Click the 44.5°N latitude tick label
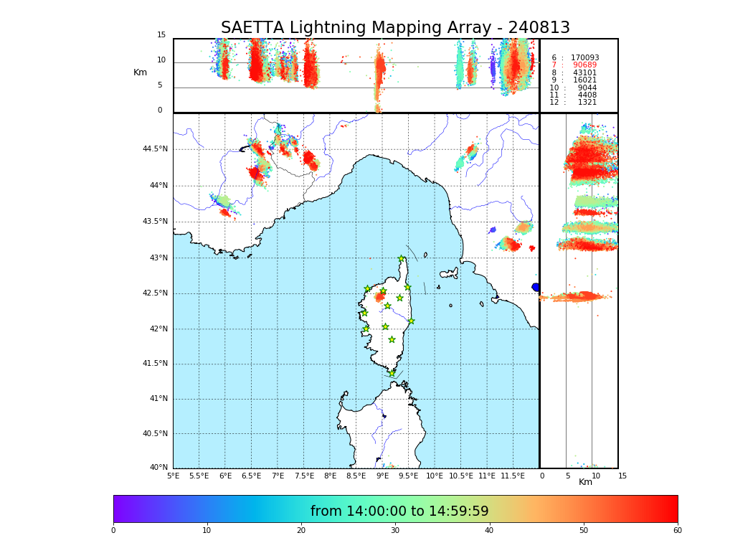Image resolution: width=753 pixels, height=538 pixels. click(x=155, y=149)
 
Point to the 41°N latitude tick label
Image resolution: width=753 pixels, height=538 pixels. click(x=157, y=399)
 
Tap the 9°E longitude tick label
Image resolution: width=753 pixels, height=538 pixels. click(x=382, y=476)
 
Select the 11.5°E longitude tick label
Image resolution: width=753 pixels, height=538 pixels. click(x=512, y=476)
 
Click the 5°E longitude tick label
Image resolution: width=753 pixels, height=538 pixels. click(x=174, y=476)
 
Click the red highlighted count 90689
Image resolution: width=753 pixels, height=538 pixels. click(x=584, y=65)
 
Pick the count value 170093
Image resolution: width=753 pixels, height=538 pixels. click(x=584, y=58)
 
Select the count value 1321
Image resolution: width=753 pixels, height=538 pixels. click(x=587, y=103)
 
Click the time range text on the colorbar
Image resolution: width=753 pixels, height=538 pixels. click(x=399, y=511)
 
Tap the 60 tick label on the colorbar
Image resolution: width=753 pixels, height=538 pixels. click(x=677, y=531)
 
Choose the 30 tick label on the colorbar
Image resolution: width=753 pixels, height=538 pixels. click(x=395, y=531)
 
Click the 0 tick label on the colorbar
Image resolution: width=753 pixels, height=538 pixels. click(x=113, y=531)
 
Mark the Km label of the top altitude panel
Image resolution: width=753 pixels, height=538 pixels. click(x=141, y=72)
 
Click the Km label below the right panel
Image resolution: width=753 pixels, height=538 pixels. click(x=586, y=482)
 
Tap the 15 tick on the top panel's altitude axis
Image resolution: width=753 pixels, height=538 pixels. click(x=161, y=35)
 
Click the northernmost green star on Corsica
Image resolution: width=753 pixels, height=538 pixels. click(x=402, y=259)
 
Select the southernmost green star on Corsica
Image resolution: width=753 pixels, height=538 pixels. click(x=392, y=373)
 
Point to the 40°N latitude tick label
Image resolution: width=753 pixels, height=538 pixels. click(x=157, y=468)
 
